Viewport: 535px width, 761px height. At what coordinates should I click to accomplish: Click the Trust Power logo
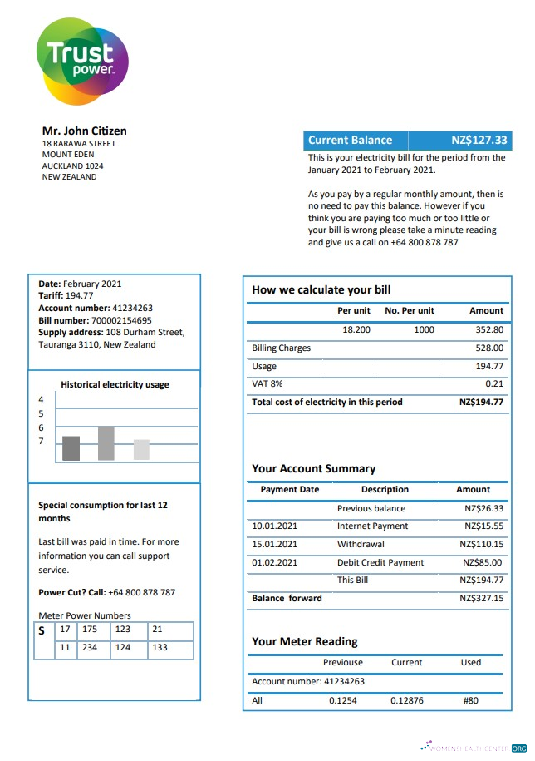[x=81, y=61]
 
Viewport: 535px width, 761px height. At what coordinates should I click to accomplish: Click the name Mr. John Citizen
[x=84, y=131]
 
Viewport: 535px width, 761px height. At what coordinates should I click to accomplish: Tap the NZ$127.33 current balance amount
[x=479, y=140]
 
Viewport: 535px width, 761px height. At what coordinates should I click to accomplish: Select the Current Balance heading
[x=350, y=140]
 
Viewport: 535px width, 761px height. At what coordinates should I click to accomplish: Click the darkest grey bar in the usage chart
[x=71, y=448]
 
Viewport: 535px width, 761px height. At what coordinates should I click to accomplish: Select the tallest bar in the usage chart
[x=106, y=443]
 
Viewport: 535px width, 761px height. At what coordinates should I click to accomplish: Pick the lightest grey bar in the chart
[x=141, y=450]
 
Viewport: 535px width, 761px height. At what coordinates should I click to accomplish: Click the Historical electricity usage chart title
[x=115, y=384]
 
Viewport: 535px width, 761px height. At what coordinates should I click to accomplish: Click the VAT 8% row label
[x=267, y=383]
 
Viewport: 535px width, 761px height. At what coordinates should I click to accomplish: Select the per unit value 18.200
[x=356, y=329]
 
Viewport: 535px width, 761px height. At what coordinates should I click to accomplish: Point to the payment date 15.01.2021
[x=274, y=544]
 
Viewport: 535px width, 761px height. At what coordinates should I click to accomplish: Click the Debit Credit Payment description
[x=380, y=562]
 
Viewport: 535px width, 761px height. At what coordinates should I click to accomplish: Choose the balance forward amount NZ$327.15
[x=481, y=598]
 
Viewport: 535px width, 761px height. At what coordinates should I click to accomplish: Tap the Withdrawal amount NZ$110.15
[x=481, y=544]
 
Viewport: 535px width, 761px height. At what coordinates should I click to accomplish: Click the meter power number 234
[x=90, y=647]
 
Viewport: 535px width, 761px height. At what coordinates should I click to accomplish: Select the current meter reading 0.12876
[x=406, y=700]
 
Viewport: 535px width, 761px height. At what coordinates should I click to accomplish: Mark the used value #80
[x=470, y=700]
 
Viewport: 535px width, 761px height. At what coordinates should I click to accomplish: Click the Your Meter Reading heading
[x=305, y=641]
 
